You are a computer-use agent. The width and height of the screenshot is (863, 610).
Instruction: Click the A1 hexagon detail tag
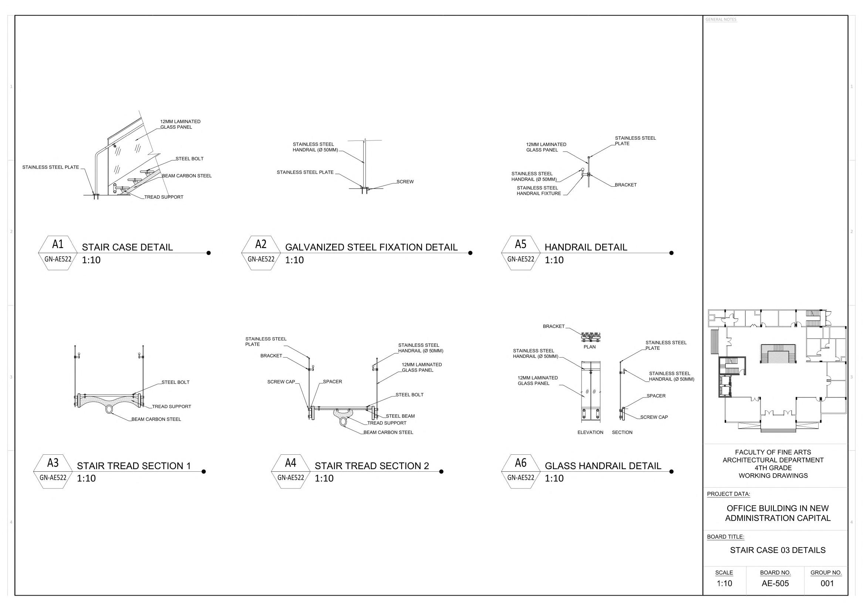click(57, 253)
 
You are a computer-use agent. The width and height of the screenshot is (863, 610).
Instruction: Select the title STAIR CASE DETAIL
click(127, 247)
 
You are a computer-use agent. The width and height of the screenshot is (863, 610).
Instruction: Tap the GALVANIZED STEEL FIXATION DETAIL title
click(371, 247)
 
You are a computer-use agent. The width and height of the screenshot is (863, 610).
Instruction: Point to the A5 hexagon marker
click(520, 253)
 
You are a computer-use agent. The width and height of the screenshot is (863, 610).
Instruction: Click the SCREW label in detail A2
click(405, 182)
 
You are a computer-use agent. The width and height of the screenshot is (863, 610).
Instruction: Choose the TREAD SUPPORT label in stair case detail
click(164, 197)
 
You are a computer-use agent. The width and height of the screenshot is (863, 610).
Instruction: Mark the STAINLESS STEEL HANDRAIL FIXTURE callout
click(539, 191)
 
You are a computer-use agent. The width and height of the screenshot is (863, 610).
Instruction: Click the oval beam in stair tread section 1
click(109, 409)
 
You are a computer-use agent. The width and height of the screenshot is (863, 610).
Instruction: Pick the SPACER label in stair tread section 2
click(332, 382)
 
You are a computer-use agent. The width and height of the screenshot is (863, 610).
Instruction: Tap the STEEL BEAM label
click(400, 416)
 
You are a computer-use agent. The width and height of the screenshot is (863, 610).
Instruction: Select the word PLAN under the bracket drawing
click(589, 347)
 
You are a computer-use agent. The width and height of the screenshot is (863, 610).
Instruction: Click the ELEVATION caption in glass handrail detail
click(590, 432)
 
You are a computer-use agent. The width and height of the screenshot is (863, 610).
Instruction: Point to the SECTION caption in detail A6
click(622, 432)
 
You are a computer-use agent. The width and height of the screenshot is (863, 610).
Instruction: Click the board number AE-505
click(775, 583)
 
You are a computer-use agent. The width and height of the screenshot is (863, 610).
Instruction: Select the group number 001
click(827, 583)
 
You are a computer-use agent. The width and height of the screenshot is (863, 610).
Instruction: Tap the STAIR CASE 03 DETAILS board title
click(778, 550)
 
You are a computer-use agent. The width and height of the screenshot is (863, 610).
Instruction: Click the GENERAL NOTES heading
click(721, 20)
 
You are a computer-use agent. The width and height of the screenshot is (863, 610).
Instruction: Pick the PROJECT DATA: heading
click(728, 494)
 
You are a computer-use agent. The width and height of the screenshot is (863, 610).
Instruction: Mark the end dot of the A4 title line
click(441, 471)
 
